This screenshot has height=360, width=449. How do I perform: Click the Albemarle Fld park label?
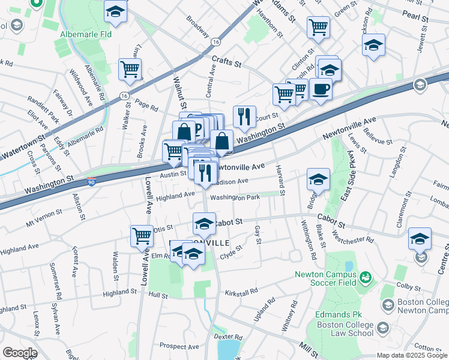pyautogui.click(x=86, y=35)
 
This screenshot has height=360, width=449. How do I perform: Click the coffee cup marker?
pyautogui.click(x=321, y=89)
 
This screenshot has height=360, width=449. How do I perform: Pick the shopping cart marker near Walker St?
pyautogui.click(x=130, y=69)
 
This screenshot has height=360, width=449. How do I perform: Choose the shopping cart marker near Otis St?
pyautogui.click(x=142, y=235)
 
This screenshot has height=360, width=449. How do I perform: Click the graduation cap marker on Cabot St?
pyautogui.click(x=204, y=223)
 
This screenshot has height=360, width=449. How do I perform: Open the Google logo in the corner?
pyautogui.click(x=20, y=352)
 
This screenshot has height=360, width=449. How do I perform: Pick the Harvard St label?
pyautogui.click(x=280, y=180)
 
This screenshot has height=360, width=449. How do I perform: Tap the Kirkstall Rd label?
pyautogui.click(x=242, y=290)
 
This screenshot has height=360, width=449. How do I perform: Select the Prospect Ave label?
pyautogui.click(x=179, y=346)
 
